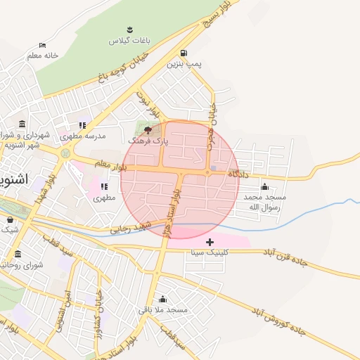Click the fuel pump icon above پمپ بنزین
(x=184, y=53)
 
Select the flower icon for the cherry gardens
(x=129, y=30)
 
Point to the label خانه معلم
(x=43, y=55)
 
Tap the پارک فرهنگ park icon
(x=147, y=130)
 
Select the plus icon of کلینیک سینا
(x=210, y=241)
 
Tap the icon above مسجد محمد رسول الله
(x=264, y=186)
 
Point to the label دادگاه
(x=239, y=172)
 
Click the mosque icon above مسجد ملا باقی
(x=162, y=299)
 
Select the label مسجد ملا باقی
(x=162, y=309)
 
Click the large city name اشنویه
(x=13, y=179)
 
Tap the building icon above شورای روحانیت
(x=18, y=254)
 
